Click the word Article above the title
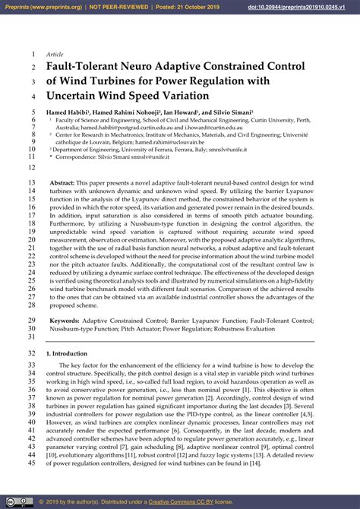pos(55,55)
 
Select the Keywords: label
pos(65,321)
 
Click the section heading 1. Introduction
pos(66,354)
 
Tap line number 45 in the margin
pos(31,463)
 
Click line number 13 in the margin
pos(31,184)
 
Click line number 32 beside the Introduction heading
pos(31,354)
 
